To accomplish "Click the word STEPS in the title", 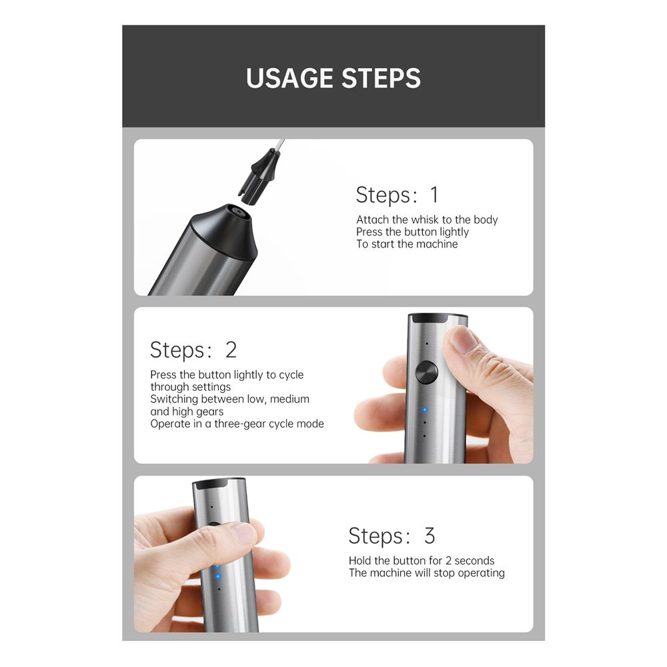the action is pyautogui.click(x=381, y=78).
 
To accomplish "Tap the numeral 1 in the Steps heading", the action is pyautogui.click(x=434, y=195).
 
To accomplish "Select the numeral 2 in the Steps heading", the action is pyautogui.click(x=231, y=350).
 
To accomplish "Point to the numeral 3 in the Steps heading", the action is pyautogui.click(x=430, y=536).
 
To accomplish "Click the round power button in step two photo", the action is pyautogui.click(x=426, y=373).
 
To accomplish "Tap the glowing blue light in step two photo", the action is pyautogui.click(x=424, y=410).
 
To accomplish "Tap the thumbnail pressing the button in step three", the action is pyautogui.click(x=243, y=534).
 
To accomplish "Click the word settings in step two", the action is pyautogui.click(x=211, y=387).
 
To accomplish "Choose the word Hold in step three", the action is pyautogui.click(x=360, y=561).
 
